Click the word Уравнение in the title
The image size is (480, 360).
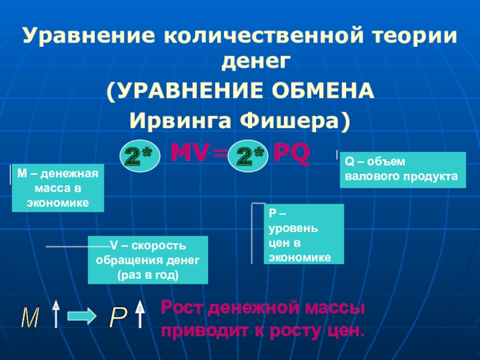pos(86,37)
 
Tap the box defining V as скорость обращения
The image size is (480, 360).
pos(148,260)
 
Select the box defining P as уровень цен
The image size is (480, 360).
pos(304,234)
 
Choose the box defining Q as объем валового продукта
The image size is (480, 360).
pos(403,170)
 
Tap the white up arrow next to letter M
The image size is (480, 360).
pos(56,314)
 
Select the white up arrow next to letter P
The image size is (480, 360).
pos(140,314)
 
